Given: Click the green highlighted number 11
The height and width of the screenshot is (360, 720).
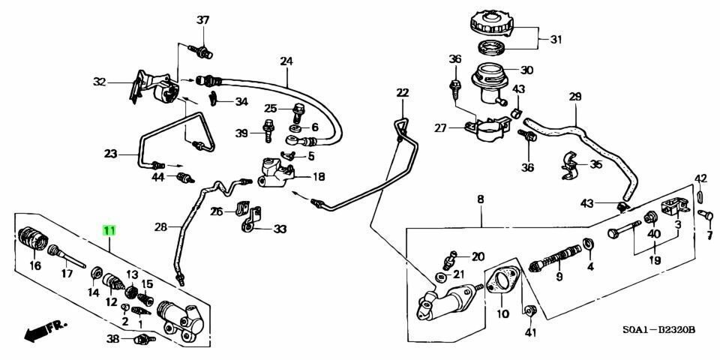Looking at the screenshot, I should (109, 230).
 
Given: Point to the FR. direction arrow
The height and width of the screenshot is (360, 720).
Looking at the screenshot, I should (44, 331).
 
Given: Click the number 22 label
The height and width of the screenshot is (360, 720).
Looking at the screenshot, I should (403, 93).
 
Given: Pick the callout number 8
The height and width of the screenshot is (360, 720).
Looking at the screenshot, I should (481, 199).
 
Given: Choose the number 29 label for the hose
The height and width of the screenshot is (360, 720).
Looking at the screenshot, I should (575, 97).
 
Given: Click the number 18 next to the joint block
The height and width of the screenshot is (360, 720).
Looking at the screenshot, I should (319, 177).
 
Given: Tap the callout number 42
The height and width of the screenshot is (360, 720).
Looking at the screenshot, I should (700, 178).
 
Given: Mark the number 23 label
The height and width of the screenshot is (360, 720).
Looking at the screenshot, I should (111, 154).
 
